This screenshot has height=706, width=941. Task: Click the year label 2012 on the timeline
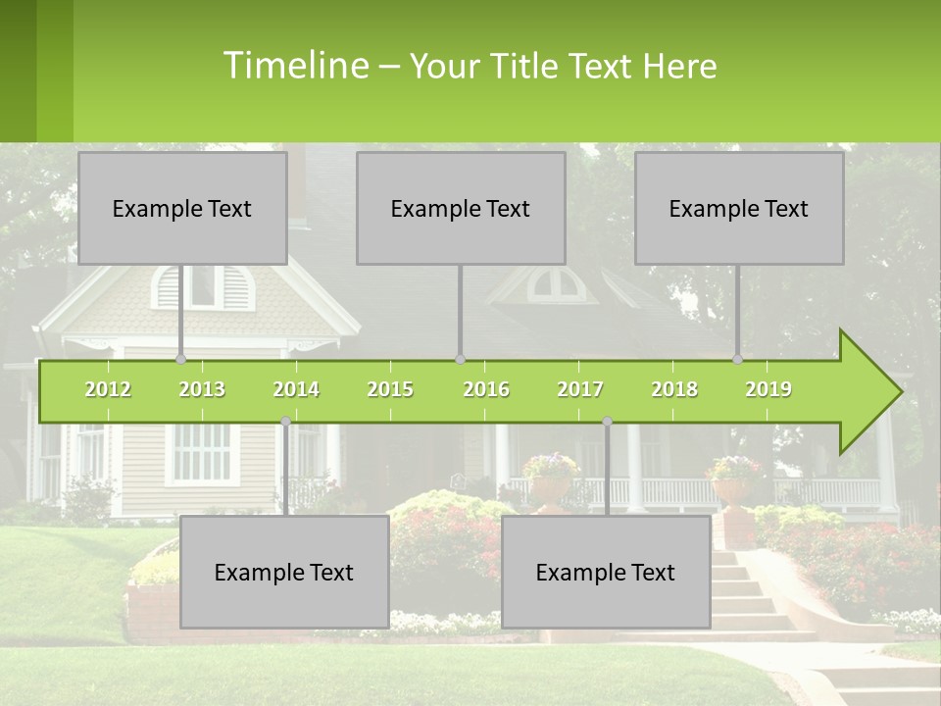click(108, 389)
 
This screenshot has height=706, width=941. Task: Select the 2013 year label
click(202, 389)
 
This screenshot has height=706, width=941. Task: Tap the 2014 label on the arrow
click(296, 389)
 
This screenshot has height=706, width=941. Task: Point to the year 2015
click(390, 389)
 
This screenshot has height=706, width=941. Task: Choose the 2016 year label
click(486, 389)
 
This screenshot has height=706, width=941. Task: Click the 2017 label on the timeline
click(580, 389)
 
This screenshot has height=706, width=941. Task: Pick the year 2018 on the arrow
click(674, 389)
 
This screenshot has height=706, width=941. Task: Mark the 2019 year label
click(768, 389)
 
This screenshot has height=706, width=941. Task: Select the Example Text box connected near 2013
click(182, 208)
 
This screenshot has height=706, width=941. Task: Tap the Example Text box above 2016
click(461, 208)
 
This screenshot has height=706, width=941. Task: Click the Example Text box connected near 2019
click(739, 208)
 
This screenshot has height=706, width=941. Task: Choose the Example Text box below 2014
click(284, 572)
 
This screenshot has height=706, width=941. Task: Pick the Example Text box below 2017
click(606, 572)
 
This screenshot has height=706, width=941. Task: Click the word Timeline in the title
click(294, 66)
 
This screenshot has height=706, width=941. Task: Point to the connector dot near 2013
click(180, 360)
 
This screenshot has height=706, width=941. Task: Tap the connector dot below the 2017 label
click(607, 422)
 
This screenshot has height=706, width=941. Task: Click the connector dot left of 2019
click(738, 360)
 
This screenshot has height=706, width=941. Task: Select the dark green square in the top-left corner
click(18, 71)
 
